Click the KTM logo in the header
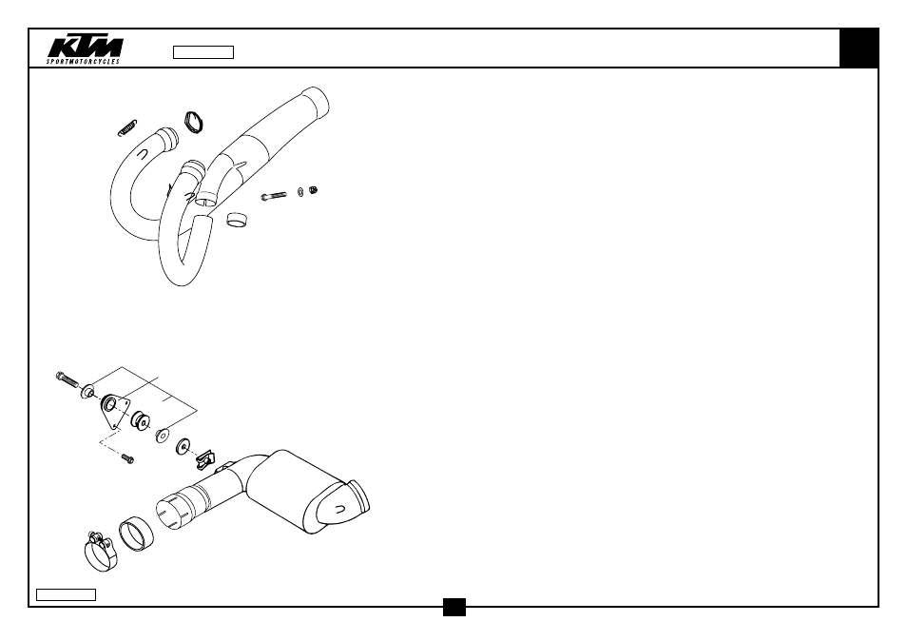[86, 48]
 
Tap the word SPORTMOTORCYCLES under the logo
[84, 61]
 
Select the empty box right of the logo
[203, 52]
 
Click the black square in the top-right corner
[859, 48]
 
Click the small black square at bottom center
[454, 607]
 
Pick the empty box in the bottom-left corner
[66, 594]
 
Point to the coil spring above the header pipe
[127, 127]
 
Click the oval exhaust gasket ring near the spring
[194, 122]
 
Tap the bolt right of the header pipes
[274, 196]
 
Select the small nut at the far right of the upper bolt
[314, 190]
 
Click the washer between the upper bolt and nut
[300, 191]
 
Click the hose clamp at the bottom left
[101, 552]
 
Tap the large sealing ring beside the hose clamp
[137, 534]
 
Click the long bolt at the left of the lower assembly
[68, 380]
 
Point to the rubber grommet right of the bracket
[141, 421]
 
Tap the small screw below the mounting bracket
[127, 458]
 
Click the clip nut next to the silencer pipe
[204, 460]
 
